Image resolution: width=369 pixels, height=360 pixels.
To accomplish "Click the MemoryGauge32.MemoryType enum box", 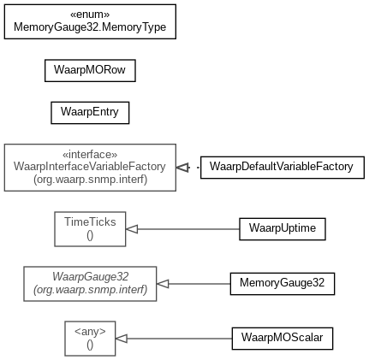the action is [x=90, y=21].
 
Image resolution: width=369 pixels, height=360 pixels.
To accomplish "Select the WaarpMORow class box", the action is [x=90, y=70].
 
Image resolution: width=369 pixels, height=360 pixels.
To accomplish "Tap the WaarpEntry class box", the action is [x=90, y=113].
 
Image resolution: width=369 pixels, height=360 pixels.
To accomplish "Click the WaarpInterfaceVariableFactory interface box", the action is [x=90, y=168].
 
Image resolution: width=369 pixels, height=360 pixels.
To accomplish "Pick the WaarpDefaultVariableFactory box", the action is [x=283, y=168].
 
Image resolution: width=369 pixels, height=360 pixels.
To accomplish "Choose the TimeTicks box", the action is [x=90, y=229].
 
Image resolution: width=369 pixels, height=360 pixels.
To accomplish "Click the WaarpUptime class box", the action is [x=283, y=229].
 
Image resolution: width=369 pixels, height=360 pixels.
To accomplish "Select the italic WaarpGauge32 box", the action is [x=90, y=284].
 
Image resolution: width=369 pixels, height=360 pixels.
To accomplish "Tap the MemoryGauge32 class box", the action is [x=283, y=284].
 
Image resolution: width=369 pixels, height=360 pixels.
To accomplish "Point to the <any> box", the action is [x=90, y=339].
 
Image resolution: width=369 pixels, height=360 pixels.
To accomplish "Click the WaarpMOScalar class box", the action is [x=283, y=339].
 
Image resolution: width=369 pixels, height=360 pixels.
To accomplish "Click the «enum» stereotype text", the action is [x=90, y=15].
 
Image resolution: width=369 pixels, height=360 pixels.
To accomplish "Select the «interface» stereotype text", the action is [x=90, y=155].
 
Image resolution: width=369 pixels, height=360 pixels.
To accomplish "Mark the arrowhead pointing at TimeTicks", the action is [x=132, y=229].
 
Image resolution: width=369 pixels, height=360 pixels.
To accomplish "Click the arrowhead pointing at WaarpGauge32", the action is [x=163, y=284].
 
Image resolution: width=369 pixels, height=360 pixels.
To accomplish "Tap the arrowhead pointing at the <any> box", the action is [x=122, y=339].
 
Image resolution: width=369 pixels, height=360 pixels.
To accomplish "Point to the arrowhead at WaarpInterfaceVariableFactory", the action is [x=182, y=168].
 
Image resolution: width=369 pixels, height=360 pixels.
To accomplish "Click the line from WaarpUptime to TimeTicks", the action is [x=188, y=229].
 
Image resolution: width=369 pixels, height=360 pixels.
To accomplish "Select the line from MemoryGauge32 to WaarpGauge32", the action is [x=199, y=284].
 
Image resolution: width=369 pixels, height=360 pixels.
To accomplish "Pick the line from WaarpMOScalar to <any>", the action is [x=180, y=339].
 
